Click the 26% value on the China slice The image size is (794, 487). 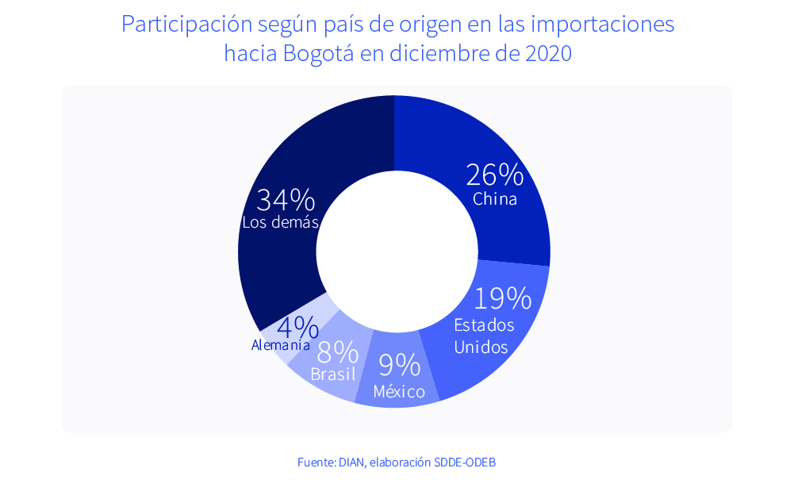[x=494, y=174]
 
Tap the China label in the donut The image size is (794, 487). [x=495, y=199]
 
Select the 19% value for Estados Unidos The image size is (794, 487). [x=502, y=298]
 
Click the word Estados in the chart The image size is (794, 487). [x=484, y=325]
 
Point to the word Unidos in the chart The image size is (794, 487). [x=481, y=347]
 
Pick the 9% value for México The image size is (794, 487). [x=399, y=365]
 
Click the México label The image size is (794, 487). [x=399, y=392]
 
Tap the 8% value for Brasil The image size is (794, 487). [x=336, y=351]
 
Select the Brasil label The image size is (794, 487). [x=333, y=374]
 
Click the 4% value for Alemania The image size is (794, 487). [x=297, y=327]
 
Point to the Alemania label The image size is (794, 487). [x=281, y=345]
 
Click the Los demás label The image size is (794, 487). [x=280, y=223]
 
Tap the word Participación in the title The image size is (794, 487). [x=186, y=25]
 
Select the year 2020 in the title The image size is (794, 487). [x=548, y=55]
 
